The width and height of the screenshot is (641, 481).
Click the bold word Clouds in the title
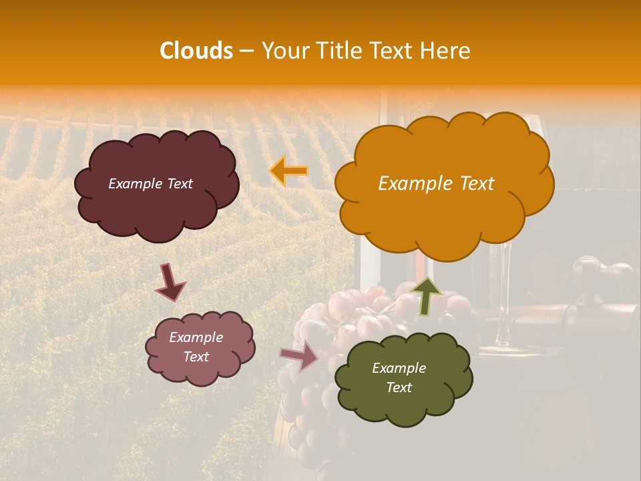click(196, 51)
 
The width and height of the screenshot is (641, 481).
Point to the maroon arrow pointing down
click(171, 282)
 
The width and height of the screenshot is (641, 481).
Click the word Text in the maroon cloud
click(179, 184)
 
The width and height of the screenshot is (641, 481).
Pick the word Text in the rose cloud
click(196, 357)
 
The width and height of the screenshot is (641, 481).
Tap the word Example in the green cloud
click(399, 368)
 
